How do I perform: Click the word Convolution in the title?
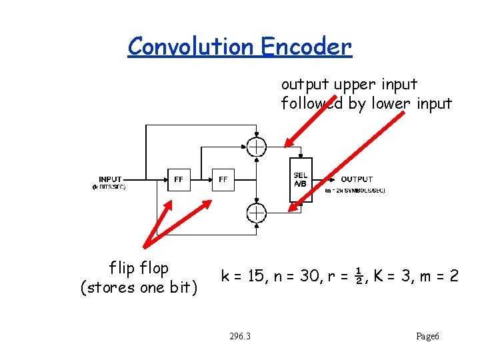pyautogui.click(x=191, y=46)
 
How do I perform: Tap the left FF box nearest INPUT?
pyautogui.click(x=179, y=179)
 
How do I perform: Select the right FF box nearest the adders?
pyautogui.click(x=223, y=179)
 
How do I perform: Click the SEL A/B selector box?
pyautogui.click(x=300, y=180)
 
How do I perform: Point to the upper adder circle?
pyautogui.click(x=256, y=147)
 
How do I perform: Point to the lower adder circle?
pyautogui.click(x=256, y=213)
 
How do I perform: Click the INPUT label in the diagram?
pyautogui.click(x=110, y=179)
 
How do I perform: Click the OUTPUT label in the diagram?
pyautogui.click(x=357, y=179)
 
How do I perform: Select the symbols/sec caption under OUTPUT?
pyautogui.click(x=355, y=191)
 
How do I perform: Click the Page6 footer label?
pyautogui.click(x=427, y=336)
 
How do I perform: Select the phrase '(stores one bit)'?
pyautogui.click(x=139, y=288)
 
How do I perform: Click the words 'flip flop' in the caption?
pyautogui.click(x=139, y=269)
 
